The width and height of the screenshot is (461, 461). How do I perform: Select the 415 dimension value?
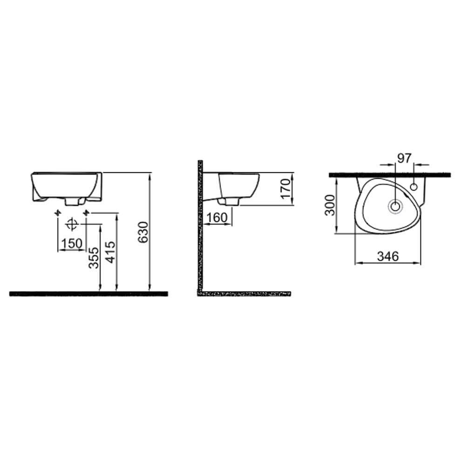point(110,252)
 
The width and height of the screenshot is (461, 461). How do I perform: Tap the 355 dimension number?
point(94,258)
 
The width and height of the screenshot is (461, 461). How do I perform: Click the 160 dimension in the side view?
point(217,217)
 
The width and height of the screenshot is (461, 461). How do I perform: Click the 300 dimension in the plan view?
point(330,205)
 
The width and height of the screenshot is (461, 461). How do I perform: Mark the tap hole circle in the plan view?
point(414,187)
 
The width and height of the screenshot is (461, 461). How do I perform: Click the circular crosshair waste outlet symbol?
point(71,224)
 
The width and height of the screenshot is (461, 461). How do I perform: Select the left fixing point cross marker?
point(58,213)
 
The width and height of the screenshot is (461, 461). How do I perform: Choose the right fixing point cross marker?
point(86,213)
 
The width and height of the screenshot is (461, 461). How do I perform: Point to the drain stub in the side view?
point(230,201)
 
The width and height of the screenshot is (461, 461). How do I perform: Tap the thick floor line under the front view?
point(88,293)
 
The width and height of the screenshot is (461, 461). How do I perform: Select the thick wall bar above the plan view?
point(390,175)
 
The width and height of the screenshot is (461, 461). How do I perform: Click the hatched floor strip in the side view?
point(244,294)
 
